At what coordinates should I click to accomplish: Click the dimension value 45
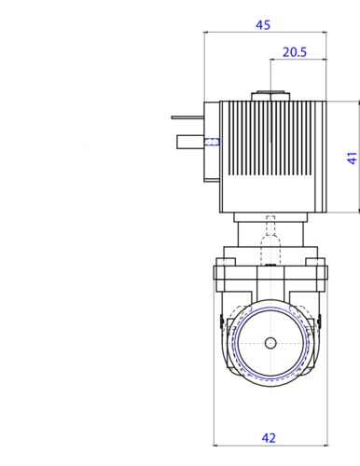click(x=263, y=25)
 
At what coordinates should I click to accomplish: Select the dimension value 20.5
click(x=295, y=52)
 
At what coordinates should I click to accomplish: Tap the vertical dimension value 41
click(x=352, y=158)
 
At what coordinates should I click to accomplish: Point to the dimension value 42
click(x=269, y=438)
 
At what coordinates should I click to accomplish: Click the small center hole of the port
click(x=270, y=343)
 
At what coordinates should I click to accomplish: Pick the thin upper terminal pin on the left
click(x=187, y=117)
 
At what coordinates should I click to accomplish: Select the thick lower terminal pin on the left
click(x=190, y=142)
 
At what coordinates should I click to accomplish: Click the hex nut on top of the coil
click(x=270, y=96)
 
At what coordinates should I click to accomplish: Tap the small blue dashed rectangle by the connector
click(x=212, y=142)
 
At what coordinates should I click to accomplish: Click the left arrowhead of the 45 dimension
click(x=206, y=32)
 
